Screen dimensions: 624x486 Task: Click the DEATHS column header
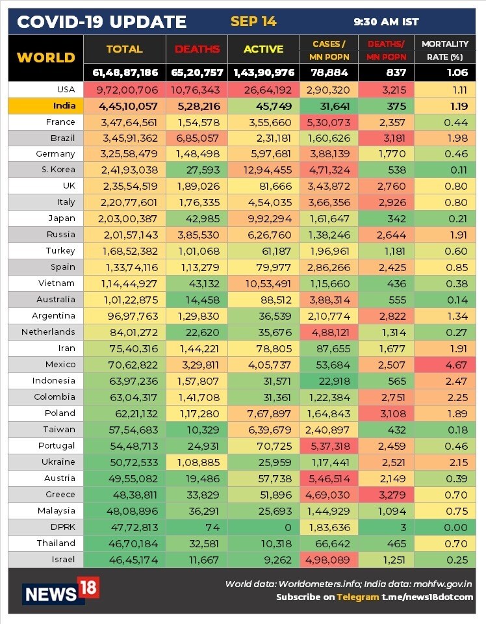pos(193,49)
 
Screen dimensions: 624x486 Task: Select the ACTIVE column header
pos(263,49)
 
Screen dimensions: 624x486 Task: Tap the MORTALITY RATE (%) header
pos(444,49)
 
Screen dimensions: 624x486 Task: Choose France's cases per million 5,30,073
pos(329,122)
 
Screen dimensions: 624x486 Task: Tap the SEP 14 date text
pos(253,21)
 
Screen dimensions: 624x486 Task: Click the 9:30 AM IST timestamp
pos(386,22)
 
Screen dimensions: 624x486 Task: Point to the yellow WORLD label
pos(46,57)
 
